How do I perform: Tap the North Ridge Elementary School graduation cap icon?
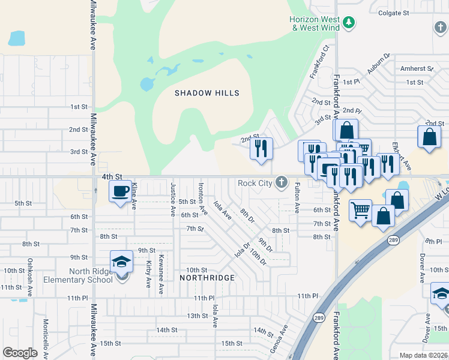[x=121, y=262]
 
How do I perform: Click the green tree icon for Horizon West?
[x=349, y=23]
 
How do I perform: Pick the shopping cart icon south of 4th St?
[x=360, y=211]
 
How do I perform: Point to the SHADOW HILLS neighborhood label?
[x=206, y=93]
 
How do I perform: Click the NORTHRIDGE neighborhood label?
[x=207, y=278]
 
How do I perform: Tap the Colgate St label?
[x=393, y=12]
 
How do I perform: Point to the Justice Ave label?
[x=173, y=199]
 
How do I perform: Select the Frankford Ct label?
[x=321, y=62]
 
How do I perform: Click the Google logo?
[x=20, y=353]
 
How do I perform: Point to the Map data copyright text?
[x=423, y=355]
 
